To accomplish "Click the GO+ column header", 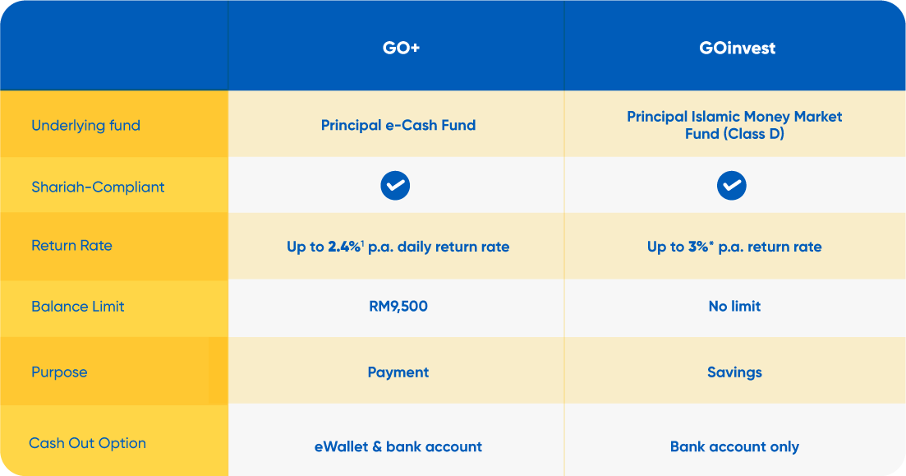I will click(x=401, y=48).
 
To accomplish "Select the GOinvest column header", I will click(x=737, y=48).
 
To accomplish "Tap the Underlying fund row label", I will click(x=85, y=126).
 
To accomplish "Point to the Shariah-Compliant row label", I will click(x=98, y=187).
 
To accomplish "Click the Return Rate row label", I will click(x=71, y=245).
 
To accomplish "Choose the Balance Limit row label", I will click(x=78, y=306).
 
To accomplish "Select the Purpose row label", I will click(x=59, y=372).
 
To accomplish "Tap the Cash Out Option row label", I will click(x=87, y=443).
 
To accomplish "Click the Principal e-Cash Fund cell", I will click(x=398, y=126).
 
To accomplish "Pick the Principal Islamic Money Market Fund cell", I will click(x=734, y=125).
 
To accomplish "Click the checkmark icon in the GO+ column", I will click(x=395, y=187).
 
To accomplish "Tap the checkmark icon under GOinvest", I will click(x=732, y=187).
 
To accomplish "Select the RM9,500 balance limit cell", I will click(x=398, y=306).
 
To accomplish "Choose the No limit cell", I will click(x=734, y=306).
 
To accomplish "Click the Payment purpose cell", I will click(x=398, y=372).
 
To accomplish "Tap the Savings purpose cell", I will click(x=734, y=372).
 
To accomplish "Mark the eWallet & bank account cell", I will click(x=398, y=446).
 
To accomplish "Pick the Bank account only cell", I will click(x=734, y=446).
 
